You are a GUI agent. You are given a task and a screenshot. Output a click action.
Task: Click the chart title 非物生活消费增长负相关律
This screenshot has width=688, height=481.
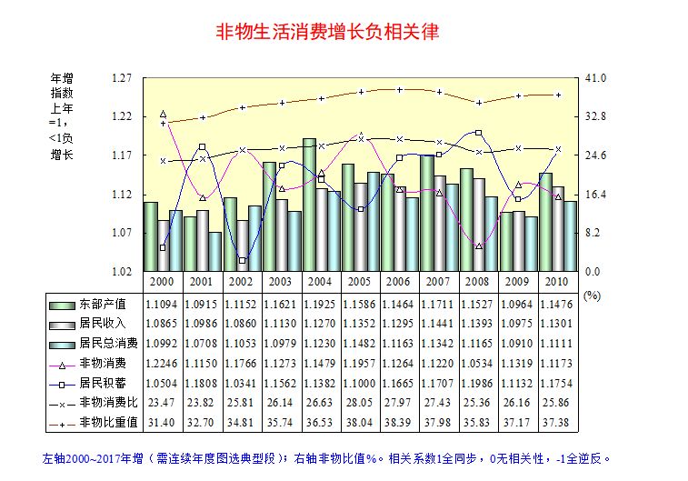[327, 33]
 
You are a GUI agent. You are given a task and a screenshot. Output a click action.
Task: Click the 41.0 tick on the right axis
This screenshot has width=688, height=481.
[596, 78]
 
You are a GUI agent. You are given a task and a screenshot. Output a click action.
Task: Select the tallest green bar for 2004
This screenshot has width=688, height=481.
[309, 205]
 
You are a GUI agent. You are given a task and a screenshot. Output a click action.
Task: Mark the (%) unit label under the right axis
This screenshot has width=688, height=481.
[593, 296]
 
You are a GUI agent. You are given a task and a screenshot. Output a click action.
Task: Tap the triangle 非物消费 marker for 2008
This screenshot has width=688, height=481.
[478, 246]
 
